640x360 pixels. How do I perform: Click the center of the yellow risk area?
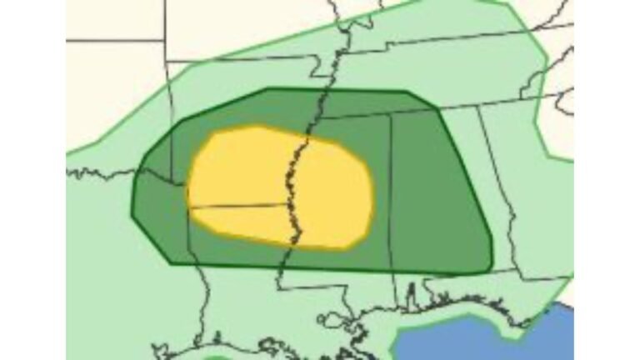(x=279, y=187)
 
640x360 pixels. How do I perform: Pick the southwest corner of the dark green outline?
(x=171, y=262)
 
